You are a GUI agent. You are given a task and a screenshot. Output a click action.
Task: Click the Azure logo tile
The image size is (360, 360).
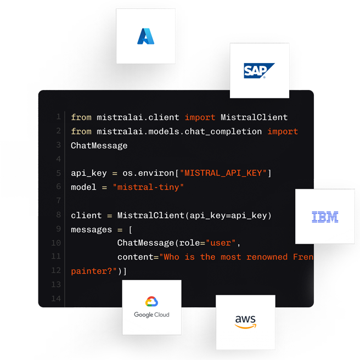(145, 36)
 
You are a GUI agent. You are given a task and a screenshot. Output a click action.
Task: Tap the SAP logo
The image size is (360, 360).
(259, 71)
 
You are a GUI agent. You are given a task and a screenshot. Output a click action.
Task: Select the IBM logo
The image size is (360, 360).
(325, 217)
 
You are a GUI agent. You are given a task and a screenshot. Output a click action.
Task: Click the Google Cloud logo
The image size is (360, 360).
(151, 307)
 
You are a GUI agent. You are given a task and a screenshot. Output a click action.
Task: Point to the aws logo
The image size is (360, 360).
(245, 322)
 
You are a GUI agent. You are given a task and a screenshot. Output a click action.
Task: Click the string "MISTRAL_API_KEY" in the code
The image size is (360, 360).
(226, 173)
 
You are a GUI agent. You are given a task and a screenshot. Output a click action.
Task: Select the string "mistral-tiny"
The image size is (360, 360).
(148, 187)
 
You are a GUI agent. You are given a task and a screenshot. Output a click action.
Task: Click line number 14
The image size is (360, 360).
(57, 299)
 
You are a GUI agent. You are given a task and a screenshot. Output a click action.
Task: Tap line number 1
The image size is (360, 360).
(59, 117)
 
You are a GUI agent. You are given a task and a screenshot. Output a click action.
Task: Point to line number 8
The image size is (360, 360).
(59, 215)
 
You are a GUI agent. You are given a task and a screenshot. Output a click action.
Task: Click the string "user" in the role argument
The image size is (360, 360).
(221, 243)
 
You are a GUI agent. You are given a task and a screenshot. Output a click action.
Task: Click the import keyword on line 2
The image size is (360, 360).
(283, 131)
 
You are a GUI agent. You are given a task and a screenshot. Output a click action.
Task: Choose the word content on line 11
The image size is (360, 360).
(136, 257)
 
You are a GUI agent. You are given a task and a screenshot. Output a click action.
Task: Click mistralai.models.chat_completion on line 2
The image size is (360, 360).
(179, 131)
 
